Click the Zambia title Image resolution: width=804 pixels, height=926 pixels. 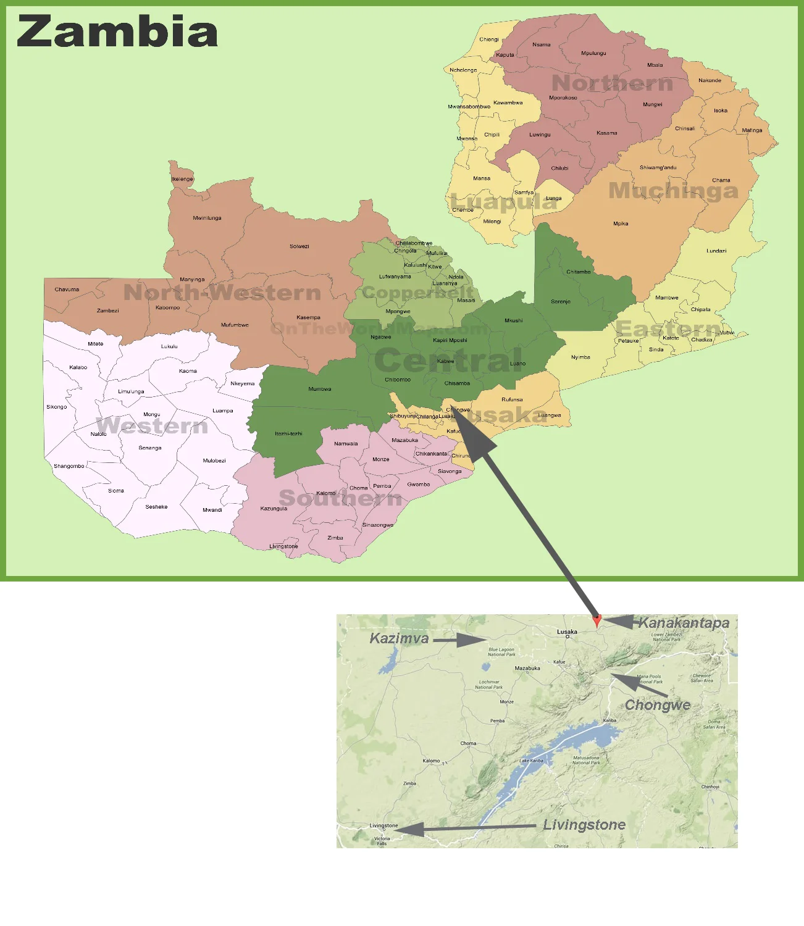[x=117, y=31]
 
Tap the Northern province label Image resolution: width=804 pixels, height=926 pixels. [x=612, y=83]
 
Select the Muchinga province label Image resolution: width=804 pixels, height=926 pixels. [x=673, y=191]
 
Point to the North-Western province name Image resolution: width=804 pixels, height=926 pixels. [x=222, y=293]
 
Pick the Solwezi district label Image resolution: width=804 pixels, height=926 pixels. [x=299, y=246]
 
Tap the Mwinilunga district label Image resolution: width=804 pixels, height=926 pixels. [x=207, y=218]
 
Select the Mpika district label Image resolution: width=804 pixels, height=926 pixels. [x=621, y=223]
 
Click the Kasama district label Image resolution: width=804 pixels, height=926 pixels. [x=606, y=133]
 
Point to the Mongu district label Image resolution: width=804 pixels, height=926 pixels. [x=151, y=414]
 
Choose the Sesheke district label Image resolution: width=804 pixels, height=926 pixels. [x=156, y=507]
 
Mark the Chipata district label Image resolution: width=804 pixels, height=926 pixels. [x=700, y=309]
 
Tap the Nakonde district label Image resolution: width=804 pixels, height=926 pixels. [x=710, y=80]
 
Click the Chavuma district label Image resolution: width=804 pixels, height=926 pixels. [x=67, y=289]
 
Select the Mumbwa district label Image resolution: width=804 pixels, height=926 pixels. [x=320, y=389]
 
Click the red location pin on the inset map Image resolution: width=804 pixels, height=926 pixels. [x=596, y=620]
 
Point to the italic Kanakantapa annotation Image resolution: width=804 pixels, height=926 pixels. [x=684, y=623]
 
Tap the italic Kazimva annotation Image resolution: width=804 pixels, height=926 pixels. [x=399, y=638]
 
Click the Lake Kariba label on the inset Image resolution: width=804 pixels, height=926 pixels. [x=531, y=761]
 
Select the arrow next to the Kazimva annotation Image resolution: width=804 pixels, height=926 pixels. [x=459, y=640]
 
